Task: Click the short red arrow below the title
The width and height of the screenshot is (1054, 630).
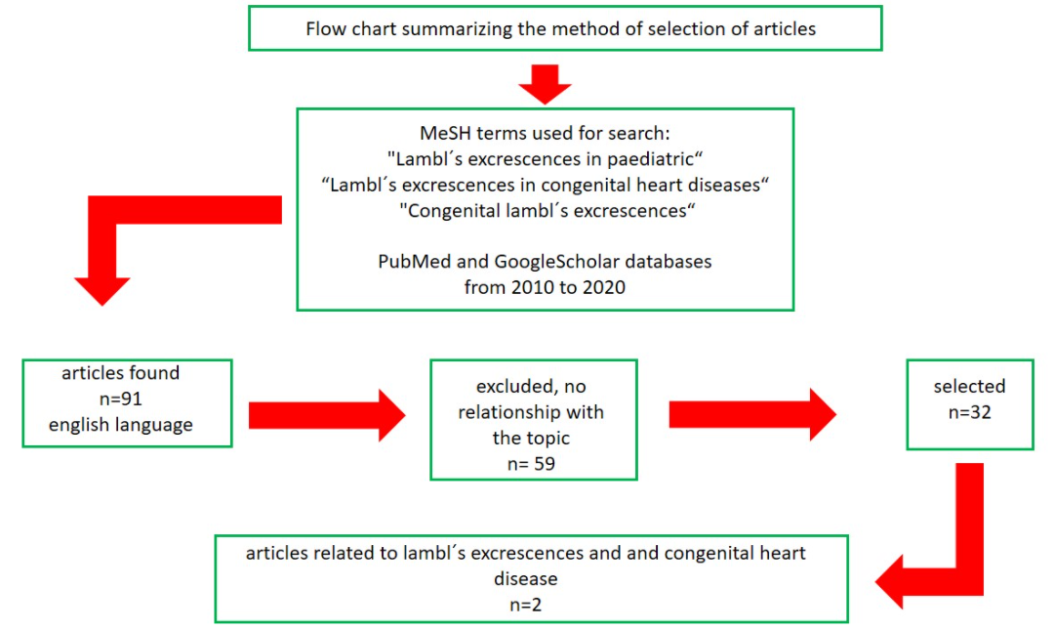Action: pyautogui.click(x=545, y=82)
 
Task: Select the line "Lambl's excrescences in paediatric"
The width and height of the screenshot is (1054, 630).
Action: pyautogui.click(x=545, y=159)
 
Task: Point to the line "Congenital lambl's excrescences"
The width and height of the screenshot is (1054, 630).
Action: pyautogui.click(x=545, y=210)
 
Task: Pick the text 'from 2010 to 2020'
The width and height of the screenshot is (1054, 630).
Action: pyautogui.click(x=545, y=288)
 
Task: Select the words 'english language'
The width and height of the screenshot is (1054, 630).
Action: pyautogui.click(x=127, y=424)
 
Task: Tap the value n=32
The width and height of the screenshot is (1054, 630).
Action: pyautogui.click(x=968, y=412)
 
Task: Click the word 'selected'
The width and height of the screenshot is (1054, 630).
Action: pyautogui.click(x=968, y=387)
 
